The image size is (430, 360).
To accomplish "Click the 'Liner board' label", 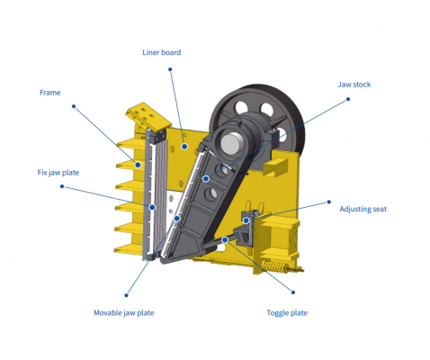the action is point(162,52).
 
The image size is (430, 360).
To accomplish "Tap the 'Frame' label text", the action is point(50,93).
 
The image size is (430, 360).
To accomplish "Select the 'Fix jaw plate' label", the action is point(58,173).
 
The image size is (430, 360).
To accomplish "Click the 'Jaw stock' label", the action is point(354,85).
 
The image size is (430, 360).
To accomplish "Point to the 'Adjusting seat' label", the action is point(363,209).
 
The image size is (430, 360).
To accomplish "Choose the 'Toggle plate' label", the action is point(287,313).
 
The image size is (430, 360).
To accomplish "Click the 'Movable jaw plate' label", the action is point(124,313).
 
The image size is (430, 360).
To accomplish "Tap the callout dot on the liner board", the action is point(184,147).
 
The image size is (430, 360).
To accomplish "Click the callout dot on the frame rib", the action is point(138,165).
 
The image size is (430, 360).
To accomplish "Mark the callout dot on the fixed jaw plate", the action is point(152,207).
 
